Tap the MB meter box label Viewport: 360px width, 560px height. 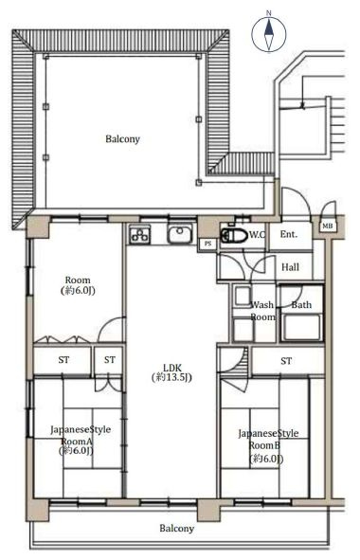328,226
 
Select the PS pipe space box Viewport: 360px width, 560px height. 207,244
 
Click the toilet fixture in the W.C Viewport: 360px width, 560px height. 234,236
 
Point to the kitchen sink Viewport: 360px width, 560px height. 180,235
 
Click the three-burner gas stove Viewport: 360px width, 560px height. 139,235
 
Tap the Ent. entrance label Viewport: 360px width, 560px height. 289,234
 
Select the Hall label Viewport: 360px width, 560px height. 290,267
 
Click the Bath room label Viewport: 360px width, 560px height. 301,305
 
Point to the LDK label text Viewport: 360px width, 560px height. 172,372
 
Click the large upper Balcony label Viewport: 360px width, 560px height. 122,139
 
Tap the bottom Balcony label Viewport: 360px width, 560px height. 177,528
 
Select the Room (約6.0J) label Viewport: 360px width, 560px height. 78,285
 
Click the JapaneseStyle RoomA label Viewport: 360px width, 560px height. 81,440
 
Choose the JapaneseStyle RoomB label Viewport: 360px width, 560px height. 268,445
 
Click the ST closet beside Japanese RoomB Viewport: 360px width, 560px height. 286,361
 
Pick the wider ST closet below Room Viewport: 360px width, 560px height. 63,360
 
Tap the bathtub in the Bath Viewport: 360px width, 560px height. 302,327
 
